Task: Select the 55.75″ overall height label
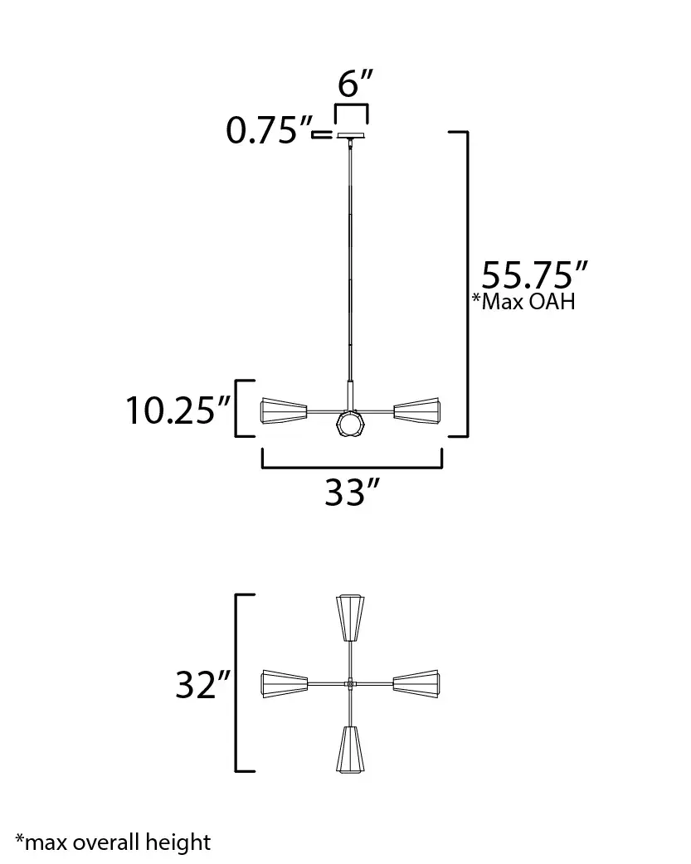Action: tap(535, 274)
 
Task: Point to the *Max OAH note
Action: tap(523, 301)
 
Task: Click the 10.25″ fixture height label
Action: tap(178, 410)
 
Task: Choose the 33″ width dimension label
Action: tap(352, 493)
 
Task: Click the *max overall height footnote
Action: tap(113, 842)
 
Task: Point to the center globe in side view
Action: tap(351, 425)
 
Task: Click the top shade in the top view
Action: tap(351, 618)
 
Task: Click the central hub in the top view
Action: tap(351, 684)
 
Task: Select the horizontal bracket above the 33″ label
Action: tap(352, 468)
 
